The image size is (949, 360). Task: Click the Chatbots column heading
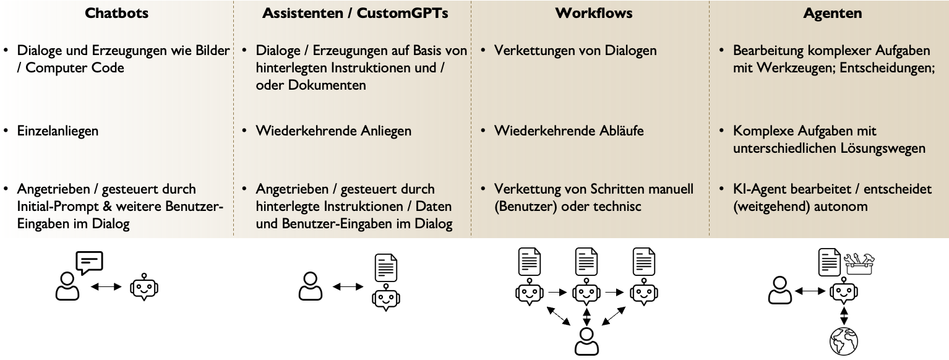point(116,13)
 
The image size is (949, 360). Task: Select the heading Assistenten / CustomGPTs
point(351,13)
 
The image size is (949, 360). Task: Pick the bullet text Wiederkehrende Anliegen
point(333,131)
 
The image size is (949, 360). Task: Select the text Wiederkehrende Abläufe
point(568,131)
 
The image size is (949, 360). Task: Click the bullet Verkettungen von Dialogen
point(575,51)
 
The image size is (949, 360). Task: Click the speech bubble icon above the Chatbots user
point(89,262)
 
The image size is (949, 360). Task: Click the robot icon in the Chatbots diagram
point(144,288)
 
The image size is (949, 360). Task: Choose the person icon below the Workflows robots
point(586,341)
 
